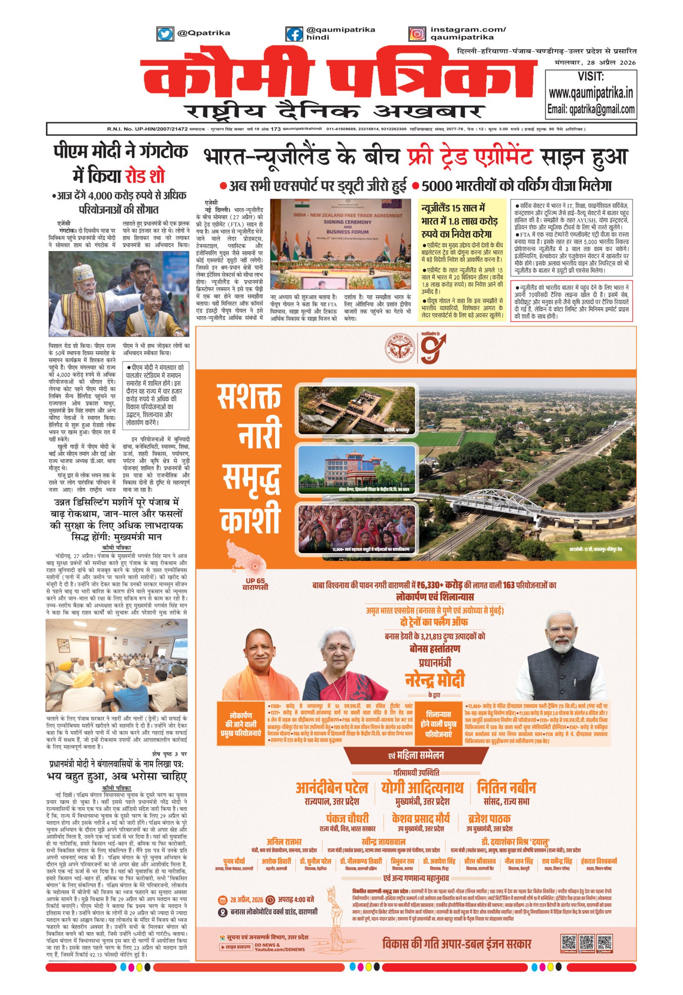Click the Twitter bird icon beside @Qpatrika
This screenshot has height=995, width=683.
pos(165,34)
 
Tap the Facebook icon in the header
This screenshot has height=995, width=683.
pos(294,34)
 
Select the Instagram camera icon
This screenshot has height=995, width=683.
pos(417,34)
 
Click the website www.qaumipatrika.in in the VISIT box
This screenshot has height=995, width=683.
pos(590,93)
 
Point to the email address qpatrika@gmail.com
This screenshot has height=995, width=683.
pos(602,110)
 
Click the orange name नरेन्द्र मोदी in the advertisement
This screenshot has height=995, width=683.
pos(434,679)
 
